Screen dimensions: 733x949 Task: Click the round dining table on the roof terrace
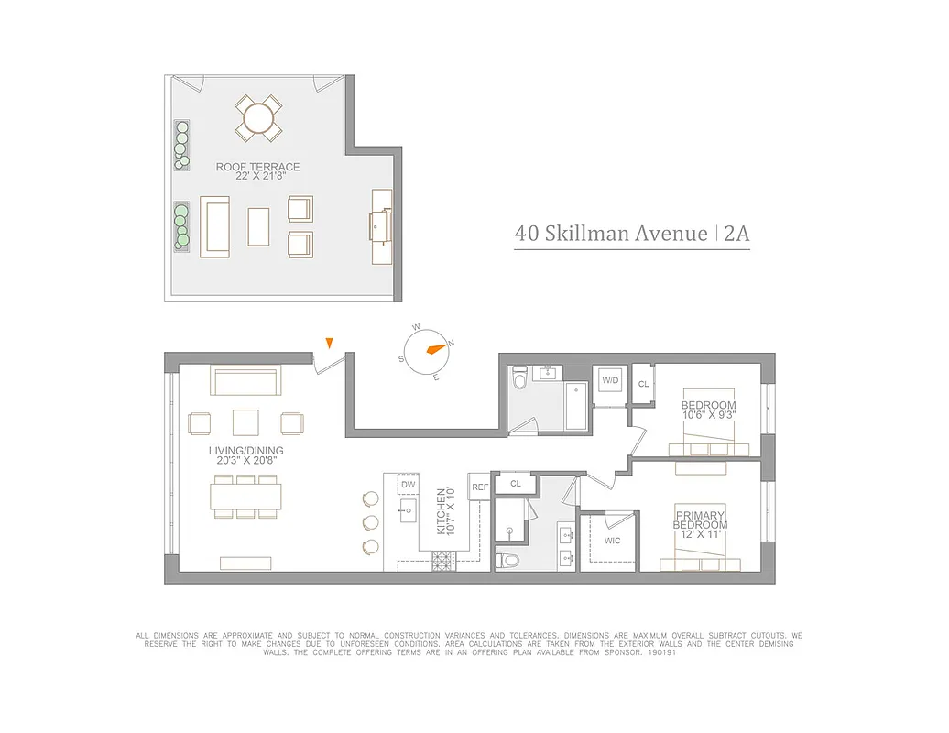point(259,118)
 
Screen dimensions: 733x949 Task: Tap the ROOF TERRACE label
point(257,168)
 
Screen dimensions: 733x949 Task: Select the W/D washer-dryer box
point(610,380)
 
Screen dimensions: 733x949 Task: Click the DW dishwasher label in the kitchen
point(409,485)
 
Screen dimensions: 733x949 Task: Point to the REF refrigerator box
point(479,487)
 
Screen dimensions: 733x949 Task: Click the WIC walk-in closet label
point(612,541)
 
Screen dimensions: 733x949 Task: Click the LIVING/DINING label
point(245,451)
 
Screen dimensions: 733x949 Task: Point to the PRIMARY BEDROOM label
point(701,520)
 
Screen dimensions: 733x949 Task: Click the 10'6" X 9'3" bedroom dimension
point(708,415)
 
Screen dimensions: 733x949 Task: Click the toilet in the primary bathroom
point(507,560)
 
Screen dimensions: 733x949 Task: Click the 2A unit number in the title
point(736,233)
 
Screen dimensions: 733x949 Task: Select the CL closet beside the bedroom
point(643,384)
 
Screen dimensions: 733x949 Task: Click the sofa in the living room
point(245,380)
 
